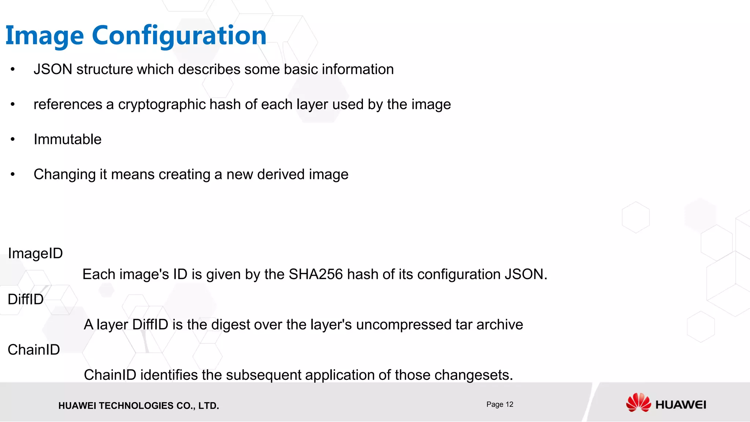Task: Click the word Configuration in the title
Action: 179,36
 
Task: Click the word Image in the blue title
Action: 45,36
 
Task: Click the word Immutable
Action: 67,140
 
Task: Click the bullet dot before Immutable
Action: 13,140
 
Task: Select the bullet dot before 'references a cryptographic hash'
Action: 13,105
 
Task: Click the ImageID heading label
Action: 35,253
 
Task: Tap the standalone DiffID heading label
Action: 26,299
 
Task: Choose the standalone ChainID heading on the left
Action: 34,350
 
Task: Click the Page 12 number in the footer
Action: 500,404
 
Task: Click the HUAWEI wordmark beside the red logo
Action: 680,405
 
